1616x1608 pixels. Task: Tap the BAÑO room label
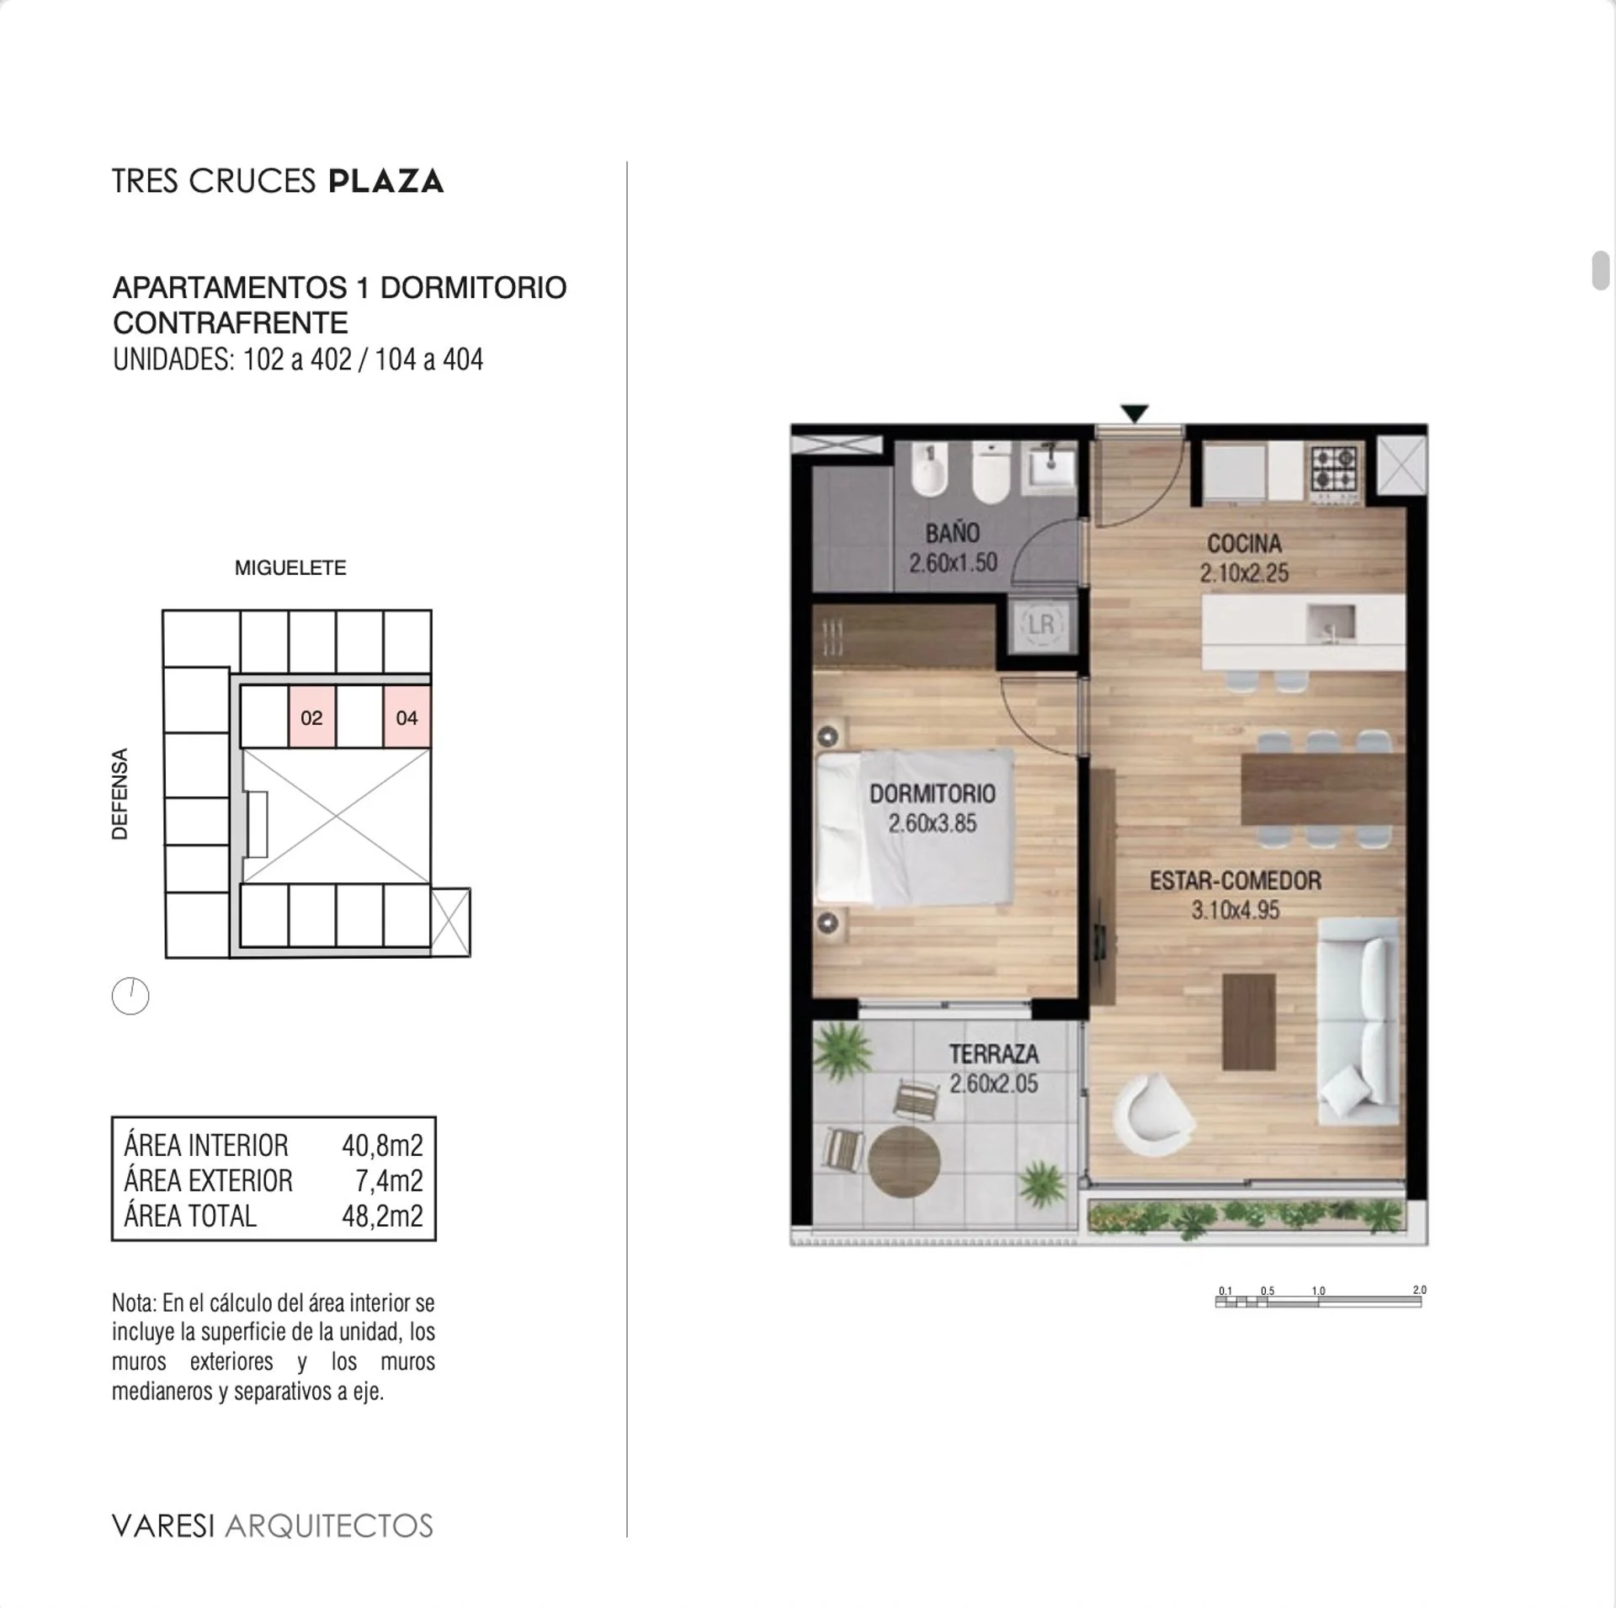953,533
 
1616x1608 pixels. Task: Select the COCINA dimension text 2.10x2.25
1244,573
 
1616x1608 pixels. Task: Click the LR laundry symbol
1041,624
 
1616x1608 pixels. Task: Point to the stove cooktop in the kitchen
1335,469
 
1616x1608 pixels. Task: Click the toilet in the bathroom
991,474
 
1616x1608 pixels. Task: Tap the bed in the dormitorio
914,828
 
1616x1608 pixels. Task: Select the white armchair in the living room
1152,1115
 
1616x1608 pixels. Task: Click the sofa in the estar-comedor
1358,1021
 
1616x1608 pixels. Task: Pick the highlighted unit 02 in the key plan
312,717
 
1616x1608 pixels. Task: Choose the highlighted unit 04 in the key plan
407,717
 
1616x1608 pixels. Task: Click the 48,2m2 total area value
382,1216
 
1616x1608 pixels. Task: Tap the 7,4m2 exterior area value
389,1180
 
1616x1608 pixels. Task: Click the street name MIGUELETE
290,567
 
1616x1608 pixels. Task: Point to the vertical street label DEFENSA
120,794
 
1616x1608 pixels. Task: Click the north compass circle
130,996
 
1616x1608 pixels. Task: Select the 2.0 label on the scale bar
1419,1290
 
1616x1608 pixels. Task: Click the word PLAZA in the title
386,182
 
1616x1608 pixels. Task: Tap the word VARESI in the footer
163,1525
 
